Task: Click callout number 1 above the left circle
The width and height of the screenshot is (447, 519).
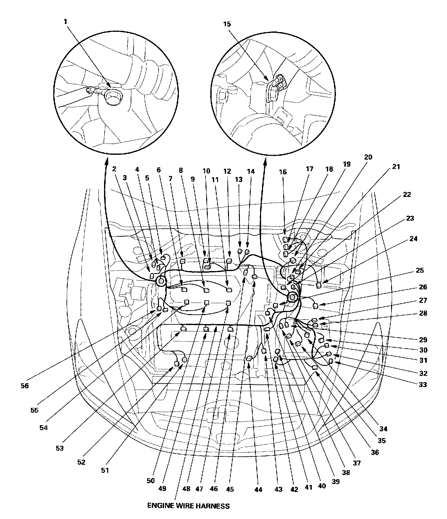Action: (66, 22)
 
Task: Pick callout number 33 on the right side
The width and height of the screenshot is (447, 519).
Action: (423, 384)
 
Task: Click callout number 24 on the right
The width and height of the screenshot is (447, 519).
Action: (414, 239)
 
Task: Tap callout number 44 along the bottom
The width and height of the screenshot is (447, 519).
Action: (258, 490)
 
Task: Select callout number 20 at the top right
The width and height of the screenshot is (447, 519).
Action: (368, 157)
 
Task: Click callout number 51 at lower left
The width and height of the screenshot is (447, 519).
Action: (105, 471)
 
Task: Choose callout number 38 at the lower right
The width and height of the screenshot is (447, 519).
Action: (346, 473)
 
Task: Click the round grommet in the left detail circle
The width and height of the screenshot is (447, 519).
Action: (112, 97)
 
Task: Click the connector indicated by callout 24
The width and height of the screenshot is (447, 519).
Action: (319, 285)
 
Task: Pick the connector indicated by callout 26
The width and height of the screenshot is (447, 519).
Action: (315, 305)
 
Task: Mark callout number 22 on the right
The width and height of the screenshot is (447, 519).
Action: (407, 195)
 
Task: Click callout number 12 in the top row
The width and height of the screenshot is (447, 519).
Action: (227, 171)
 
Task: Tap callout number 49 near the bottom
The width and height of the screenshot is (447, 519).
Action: (162, 488)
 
